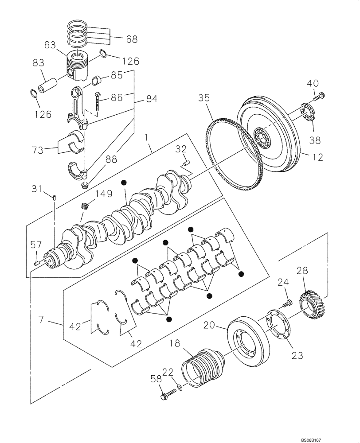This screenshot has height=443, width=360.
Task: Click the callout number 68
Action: pos(131,39)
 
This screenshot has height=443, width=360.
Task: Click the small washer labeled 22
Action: pos(179,388)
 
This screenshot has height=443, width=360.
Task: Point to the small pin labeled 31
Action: pos(54,197)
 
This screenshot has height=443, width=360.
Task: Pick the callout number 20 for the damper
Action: pos(210,326)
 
